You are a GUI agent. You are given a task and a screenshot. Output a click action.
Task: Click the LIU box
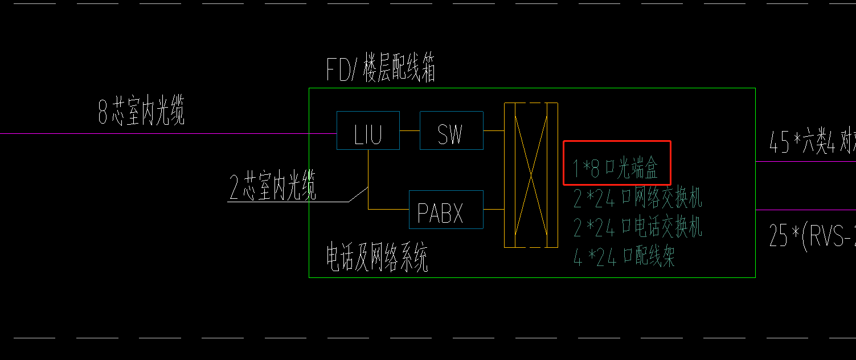(368, 130)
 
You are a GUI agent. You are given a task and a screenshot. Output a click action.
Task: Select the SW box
(451, 130)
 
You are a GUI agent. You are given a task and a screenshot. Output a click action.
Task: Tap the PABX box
(446, 210)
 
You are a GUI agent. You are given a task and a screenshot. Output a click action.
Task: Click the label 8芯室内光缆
(141, 112)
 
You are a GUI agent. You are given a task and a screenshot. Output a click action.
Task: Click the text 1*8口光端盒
(616, 168)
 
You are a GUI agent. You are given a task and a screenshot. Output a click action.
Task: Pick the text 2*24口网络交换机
(637, 198)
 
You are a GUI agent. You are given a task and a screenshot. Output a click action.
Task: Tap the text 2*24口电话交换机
(637, 227)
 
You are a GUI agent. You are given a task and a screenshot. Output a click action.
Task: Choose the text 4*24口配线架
(624, 257)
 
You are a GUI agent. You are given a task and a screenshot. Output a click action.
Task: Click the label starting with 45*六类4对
(812, 142)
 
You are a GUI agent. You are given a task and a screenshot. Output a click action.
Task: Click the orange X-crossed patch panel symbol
(531, 175)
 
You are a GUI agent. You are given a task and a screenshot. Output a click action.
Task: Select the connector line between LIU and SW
(409, 130)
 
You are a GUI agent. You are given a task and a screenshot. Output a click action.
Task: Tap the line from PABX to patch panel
(494, 210)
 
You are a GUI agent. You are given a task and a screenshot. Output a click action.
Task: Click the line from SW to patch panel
(494, 130)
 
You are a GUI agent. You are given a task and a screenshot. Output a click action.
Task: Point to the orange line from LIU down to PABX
(368, 182)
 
